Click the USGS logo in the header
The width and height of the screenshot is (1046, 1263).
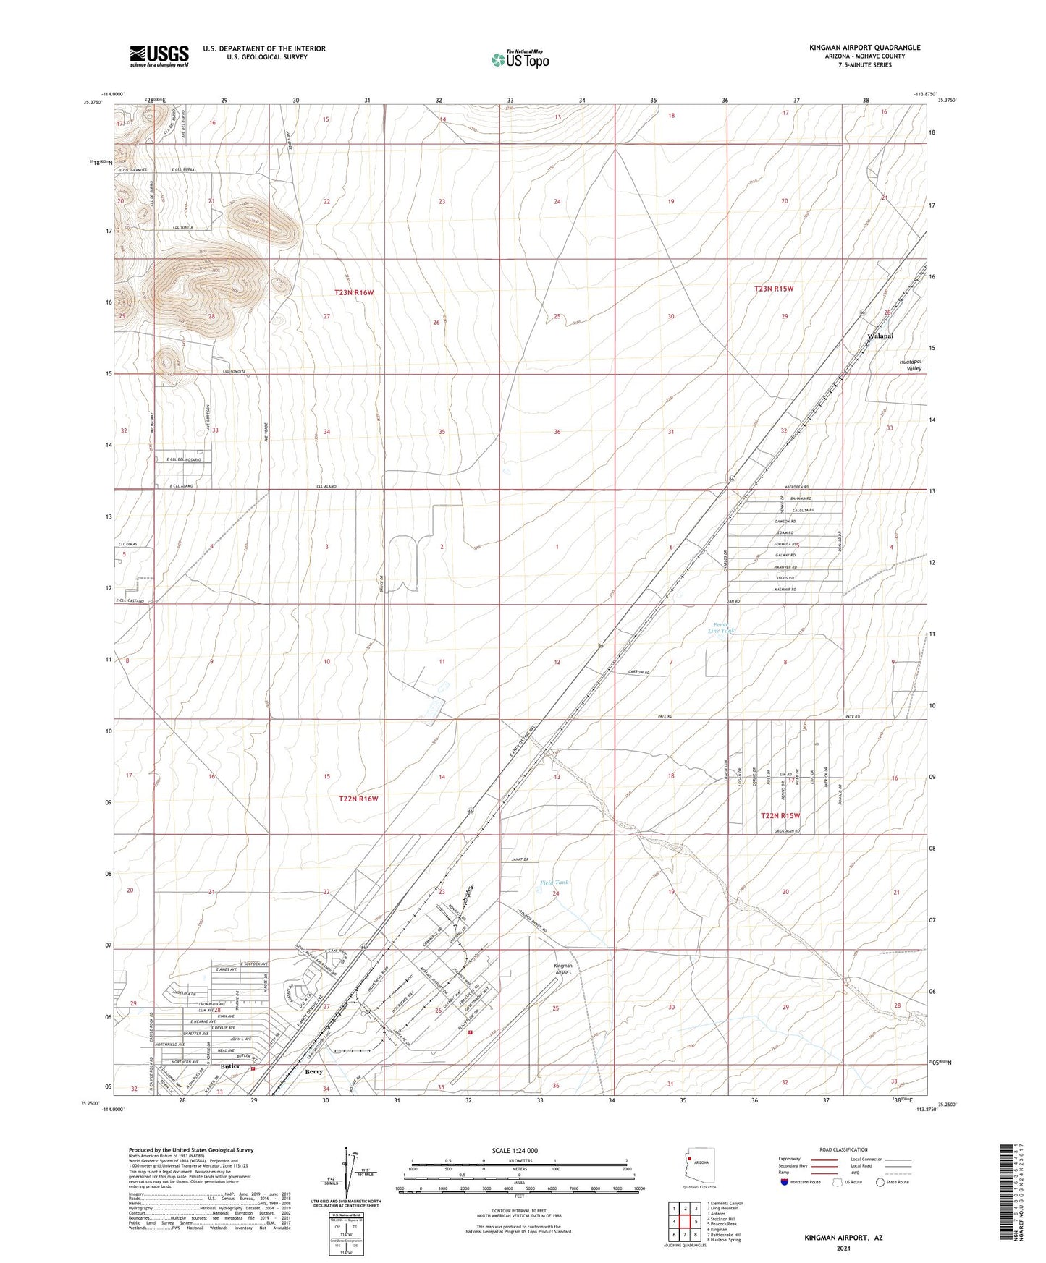tap(159, 56)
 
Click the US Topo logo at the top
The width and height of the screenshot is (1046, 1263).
tap(519, 59)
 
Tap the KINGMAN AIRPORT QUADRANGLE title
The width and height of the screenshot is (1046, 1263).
tap(864, 48)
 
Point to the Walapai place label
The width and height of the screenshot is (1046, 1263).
tap(880, 336)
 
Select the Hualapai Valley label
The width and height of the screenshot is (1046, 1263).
tap(910, 365)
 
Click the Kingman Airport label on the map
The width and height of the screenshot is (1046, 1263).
tap(562, 969)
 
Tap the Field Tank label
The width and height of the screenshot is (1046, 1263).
tap(554, 883)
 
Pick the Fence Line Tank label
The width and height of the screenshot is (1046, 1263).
tap(721, 628)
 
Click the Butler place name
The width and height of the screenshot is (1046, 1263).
tap(230, 1066)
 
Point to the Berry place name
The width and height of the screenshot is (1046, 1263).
tap(313, 1071)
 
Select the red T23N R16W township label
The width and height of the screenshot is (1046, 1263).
tap(354, 292)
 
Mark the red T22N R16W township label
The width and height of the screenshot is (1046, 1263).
tap(358, 799)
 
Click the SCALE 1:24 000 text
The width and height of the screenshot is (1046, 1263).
tap(515, 1151)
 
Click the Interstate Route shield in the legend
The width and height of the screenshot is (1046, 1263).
tap(785, 1183)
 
